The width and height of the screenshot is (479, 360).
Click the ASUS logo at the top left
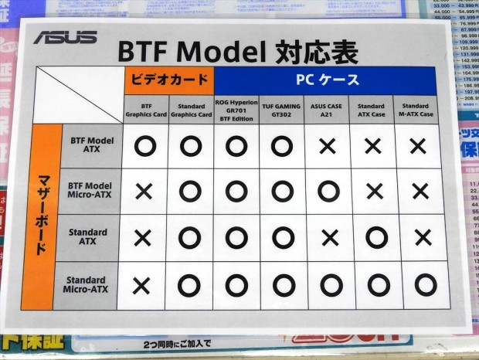point(65,36)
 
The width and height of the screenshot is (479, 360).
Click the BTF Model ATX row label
point(90,144)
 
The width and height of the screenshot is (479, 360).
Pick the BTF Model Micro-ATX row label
point(90,191)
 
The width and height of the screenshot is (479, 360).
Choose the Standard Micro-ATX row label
point(86,285)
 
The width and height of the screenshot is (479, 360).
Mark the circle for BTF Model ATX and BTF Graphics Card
point(144,144)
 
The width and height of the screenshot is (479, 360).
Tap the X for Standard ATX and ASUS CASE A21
point(328,238)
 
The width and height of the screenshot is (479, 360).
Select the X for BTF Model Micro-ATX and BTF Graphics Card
point(143,192)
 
